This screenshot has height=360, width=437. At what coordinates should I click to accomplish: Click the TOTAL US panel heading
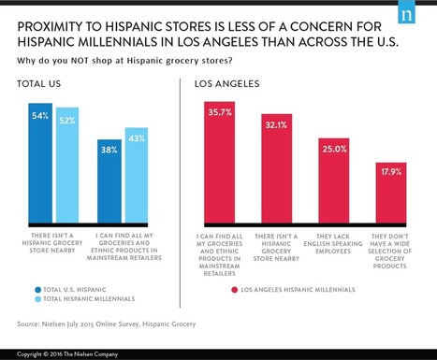pyautogui.click(x=36, y=85)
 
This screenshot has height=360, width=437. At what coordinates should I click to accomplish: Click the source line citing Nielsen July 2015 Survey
pyautogui.click(x=108, y=326)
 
